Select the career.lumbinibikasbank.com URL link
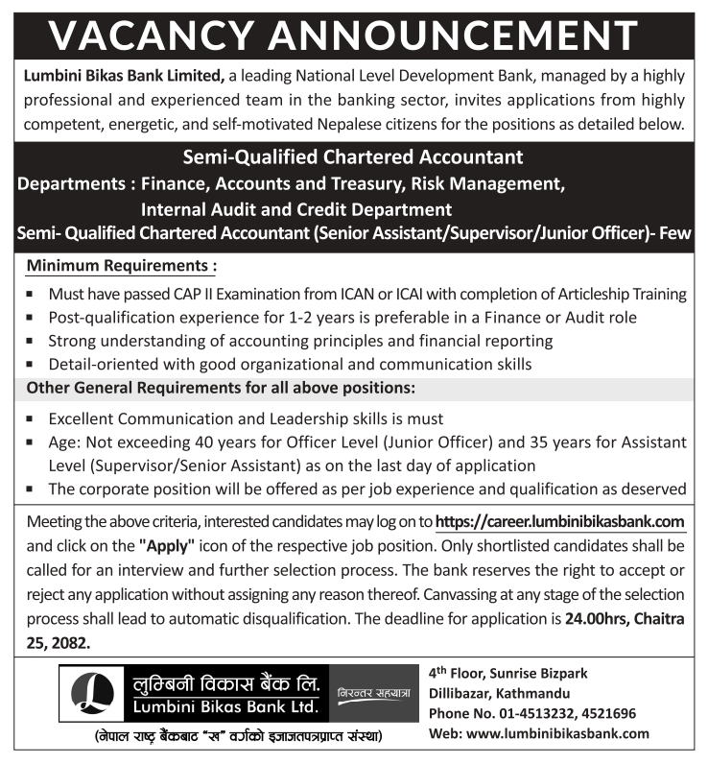[560, 522]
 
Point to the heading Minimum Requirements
[122, 264]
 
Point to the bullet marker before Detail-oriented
[32, 366]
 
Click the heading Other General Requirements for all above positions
[221, 389]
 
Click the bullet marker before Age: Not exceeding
[32, 443]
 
